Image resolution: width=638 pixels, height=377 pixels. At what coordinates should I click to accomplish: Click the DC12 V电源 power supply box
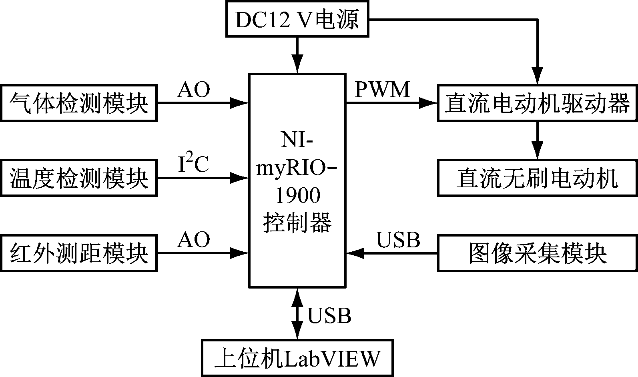pyautogui.click(x=297, y=19)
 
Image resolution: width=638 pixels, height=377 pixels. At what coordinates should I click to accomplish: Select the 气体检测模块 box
pyautogui.click(x=78, y=103)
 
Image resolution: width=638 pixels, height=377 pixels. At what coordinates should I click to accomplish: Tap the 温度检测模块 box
pyautogui.click(x=78, y=178)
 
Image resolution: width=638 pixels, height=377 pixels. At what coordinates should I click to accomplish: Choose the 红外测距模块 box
pyautogui.click(x=78, y=253)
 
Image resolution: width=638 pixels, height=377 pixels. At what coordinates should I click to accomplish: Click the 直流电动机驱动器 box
pyautogui.click(x=537, y=103)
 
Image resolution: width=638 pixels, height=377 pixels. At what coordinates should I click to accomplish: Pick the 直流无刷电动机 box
pyautogui.click(x=537, y=178)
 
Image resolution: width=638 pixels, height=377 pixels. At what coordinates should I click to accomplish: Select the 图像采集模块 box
pyautogui.click(x=537, y=253)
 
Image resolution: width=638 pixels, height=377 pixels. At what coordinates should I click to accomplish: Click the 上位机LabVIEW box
pyautogui.click(x=297, y=358)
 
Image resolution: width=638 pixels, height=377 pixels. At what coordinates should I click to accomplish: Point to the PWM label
pyautogui.click(x=383, y=90)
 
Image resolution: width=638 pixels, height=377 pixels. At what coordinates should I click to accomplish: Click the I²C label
pyautogui.click(x=193, y=165)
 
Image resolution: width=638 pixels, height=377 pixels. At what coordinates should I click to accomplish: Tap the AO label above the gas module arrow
pyautogui.click(x=194, y=90)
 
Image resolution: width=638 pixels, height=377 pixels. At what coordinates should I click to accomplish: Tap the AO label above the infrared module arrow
pyautogui.click(x=194, y=240)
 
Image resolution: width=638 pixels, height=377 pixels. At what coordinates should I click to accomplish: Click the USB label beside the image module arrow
pyautogui.click(x=398, y=240)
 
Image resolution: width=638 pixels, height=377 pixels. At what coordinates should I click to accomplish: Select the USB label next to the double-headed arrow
pyautogui.click(x=329, y=315)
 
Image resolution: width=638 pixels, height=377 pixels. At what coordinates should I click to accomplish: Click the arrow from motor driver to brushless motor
pyautogui.click(x=537, y=140)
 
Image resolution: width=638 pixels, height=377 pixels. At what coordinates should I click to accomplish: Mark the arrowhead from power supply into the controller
pyautogui.click(x=297, y=64)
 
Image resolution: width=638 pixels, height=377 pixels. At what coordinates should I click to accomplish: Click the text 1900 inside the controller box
pyautogui.click(x=297, y=197)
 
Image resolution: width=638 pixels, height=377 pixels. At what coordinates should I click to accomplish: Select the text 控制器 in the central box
pyautogui.click(x=297, y=223)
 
